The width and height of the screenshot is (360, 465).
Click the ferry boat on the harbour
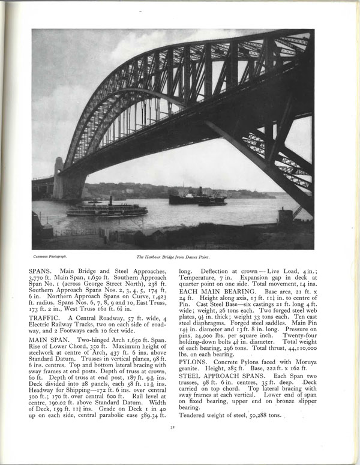[x=107, y=209]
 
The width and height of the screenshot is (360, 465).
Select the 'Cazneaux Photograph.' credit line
[x=47, y=256]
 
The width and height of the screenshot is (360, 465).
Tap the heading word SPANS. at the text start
[x=40, y=271]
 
